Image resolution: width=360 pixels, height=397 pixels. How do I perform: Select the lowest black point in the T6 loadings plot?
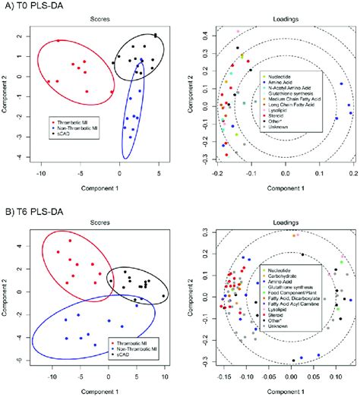tap(293, 361)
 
